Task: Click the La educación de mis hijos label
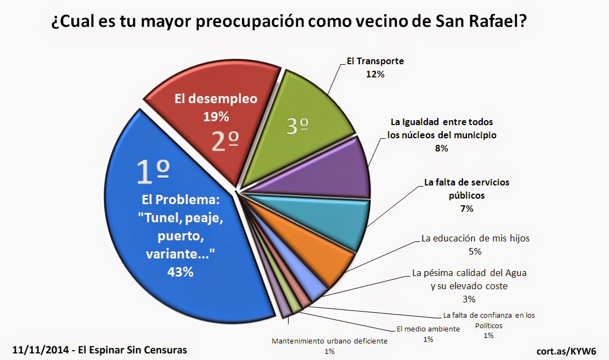coord(475,239)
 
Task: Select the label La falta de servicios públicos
coord(463,188)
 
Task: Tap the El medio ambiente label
coord(428,330)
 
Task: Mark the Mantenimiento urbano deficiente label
coord(330,341)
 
